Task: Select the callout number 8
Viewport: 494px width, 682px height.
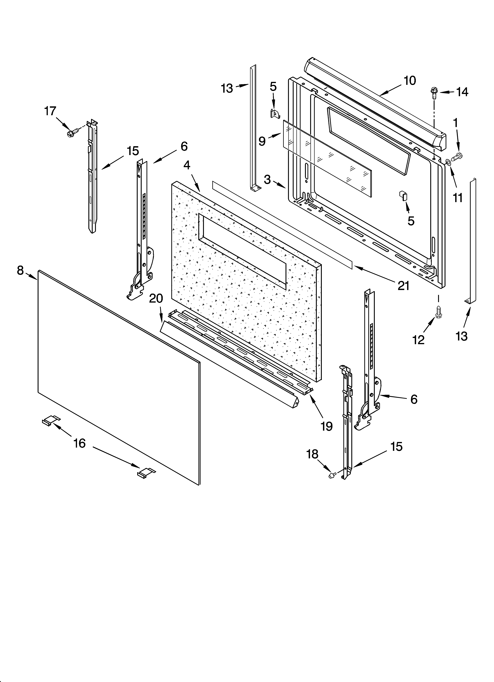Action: pyautogui.click(x=20, y=271)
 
